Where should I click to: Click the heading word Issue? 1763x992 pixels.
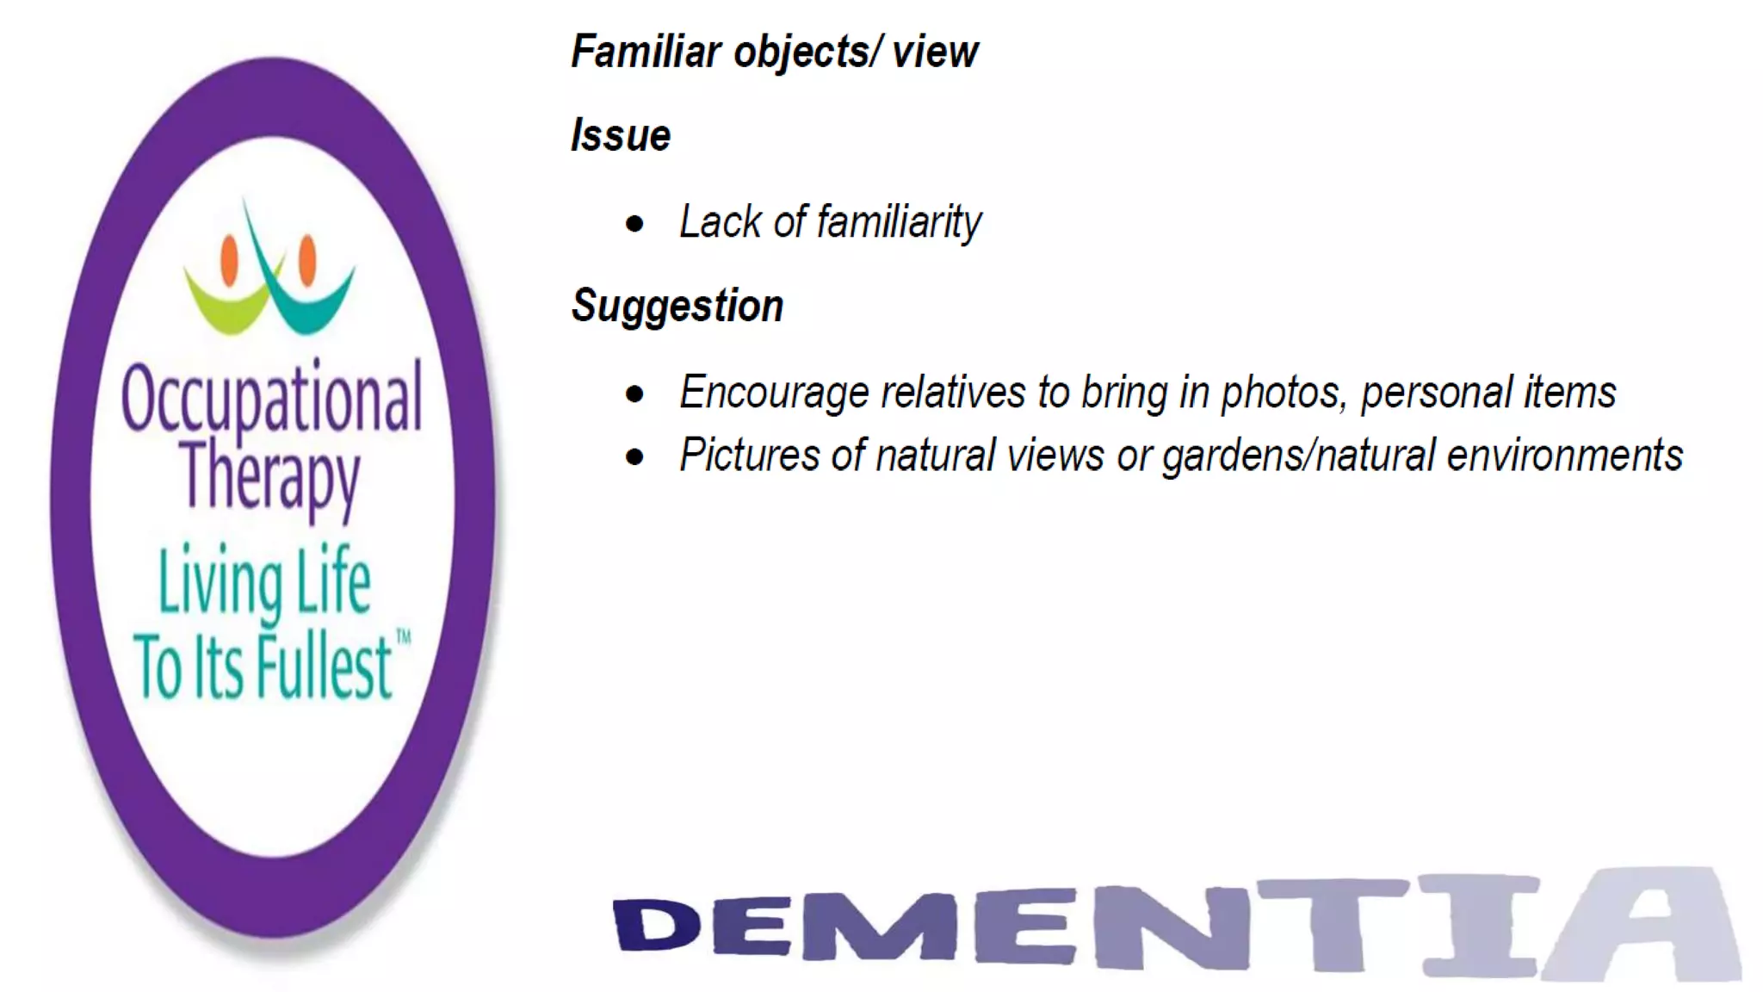pos(621,136)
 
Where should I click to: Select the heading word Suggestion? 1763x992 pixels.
pos(677,307)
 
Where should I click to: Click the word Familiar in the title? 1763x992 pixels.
pos(646,52)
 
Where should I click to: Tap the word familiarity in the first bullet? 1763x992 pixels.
pos(899,222)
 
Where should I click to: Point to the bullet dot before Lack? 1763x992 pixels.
pos(635,225)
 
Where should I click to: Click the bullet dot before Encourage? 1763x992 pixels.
pos(635,395)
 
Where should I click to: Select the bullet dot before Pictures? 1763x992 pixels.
pos(635,457)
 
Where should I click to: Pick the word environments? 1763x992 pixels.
pos(1564,456)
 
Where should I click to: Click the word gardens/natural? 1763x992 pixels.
pos(1297,456)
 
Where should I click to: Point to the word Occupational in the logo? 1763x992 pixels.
pos(272,398)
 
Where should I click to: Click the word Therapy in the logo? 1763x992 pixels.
pos(269,477)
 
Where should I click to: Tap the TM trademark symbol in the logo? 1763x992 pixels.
pos(403,637)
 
